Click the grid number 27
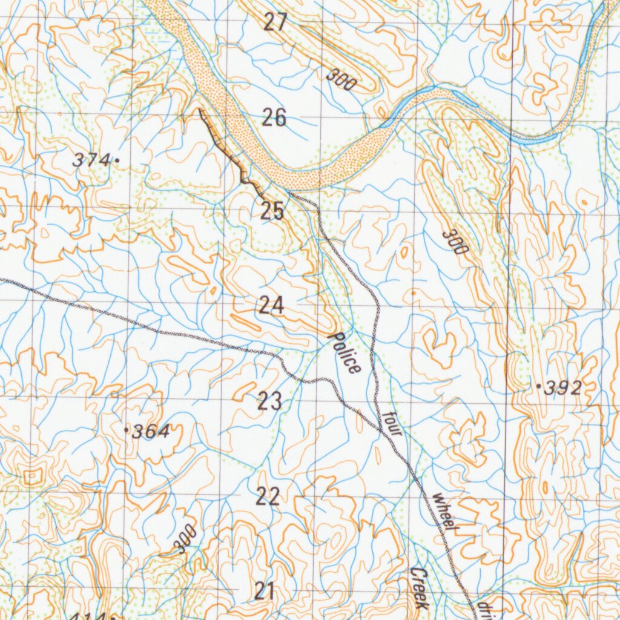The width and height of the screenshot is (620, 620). coord(275,22)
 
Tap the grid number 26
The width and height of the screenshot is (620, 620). coord(274,117)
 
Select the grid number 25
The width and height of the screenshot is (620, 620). coord(272,211)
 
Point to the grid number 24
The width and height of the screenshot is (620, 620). coord(271,306)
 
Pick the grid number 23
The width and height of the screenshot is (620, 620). coord(269,401)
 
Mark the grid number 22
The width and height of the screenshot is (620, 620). coord(268,496)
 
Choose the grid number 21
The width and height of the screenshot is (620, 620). coord(265,591)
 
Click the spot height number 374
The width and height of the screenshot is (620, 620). coord(91,160)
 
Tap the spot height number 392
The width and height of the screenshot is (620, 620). coord(562,388)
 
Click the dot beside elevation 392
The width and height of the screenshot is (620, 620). coord(538,386)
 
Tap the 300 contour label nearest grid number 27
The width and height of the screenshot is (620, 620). coord(341,80)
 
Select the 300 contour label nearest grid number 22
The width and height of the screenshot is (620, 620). coord(185,538)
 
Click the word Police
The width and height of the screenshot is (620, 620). coord(345,352)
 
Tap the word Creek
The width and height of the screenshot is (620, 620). coord(419,588)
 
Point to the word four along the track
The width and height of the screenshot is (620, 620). coord(392,424)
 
